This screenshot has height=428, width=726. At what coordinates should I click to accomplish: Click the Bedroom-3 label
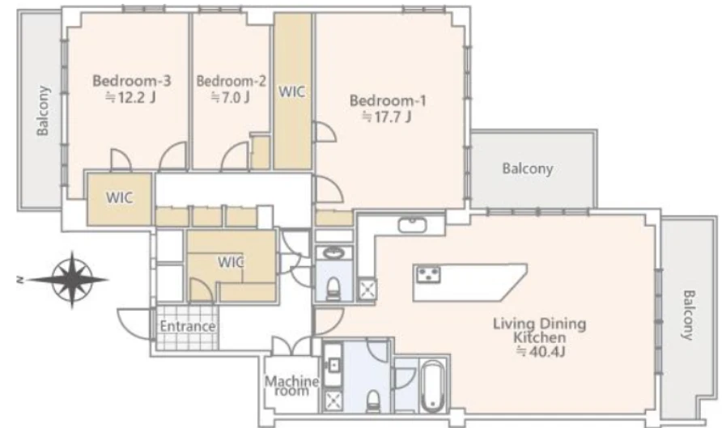(x=131, y=81)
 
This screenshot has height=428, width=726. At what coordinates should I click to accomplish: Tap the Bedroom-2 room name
(x=231, y=81)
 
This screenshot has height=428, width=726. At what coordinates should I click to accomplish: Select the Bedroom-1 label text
(x=388, y=101)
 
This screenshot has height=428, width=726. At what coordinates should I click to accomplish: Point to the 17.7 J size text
(x=387, y=117)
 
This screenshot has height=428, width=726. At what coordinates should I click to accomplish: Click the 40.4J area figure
(x=541, y=352)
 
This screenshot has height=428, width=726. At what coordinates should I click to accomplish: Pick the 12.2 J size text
(x=130, y=98)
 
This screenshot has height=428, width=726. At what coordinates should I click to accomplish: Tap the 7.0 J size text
(x=231, y=98)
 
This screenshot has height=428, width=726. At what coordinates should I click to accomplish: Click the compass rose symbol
(x=71, y=279)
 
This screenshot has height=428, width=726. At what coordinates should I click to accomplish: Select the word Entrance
(x=188, y=326)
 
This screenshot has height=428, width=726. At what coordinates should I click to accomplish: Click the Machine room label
(x=291, y=386)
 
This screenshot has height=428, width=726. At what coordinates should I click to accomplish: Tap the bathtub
(x=433, y=386)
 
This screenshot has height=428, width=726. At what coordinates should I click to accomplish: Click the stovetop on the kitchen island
(x=428, y=274)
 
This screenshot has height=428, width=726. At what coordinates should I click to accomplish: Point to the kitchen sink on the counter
(x=412, y=226)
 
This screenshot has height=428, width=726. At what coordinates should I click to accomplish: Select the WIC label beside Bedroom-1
(x=291, y=91)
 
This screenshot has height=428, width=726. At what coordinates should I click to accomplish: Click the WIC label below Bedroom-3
(x=120, y=197)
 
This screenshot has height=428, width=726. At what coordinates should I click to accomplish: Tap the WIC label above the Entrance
(x=231, y=262)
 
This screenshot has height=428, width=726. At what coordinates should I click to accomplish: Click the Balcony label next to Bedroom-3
(x=43, y=111)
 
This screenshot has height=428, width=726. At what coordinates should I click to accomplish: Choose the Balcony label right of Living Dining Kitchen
(x=689, y=315)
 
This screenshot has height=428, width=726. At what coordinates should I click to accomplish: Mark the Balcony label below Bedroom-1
(x=528, y=168)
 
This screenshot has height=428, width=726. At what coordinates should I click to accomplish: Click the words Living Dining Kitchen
(x=540, y=330)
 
